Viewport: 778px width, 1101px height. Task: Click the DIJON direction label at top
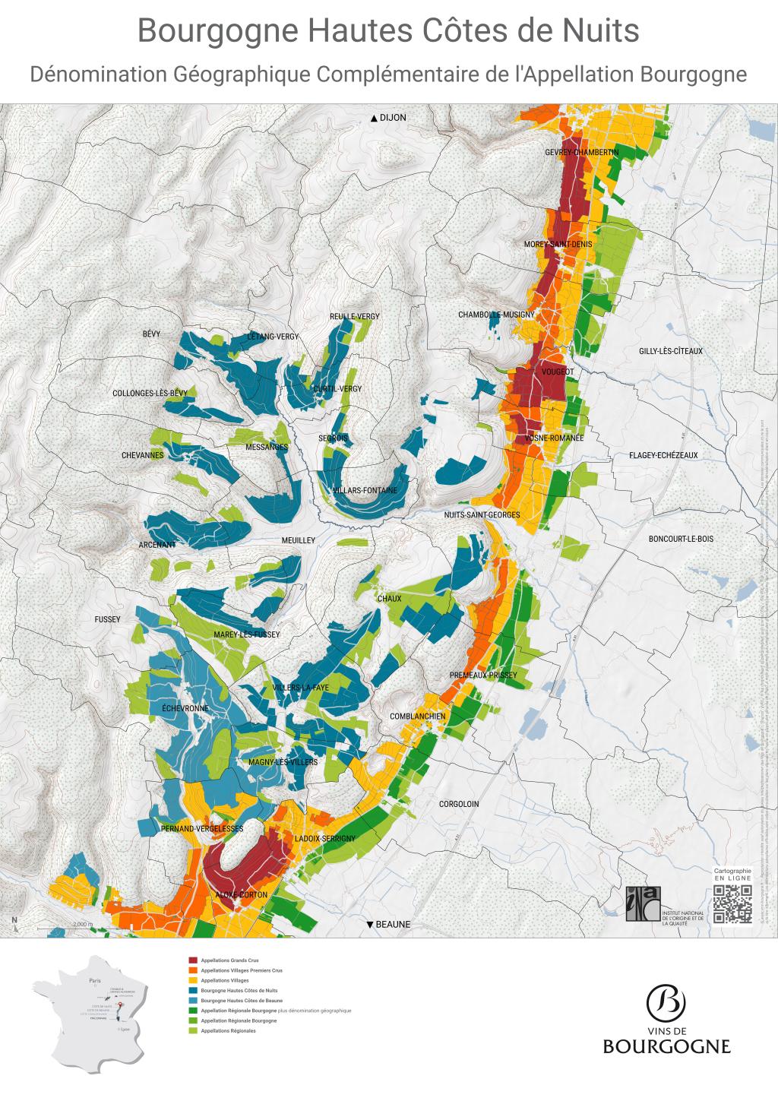(388, 118)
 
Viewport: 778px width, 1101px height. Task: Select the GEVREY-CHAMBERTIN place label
(581, 153)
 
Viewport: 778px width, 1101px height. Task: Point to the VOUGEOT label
(558, 372)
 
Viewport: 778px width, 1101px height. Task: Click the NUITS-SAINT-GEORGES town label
(482, 515)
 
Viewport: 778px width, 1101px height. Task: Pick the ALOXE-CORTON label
(242, 895)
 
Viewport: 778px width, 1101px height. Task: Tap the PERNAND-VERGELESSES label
(202, 827)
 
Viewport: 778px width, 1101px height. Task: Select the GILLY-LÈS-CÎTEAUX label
(671, 351)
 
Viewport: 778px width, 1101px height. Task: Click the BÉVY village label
(151, 334)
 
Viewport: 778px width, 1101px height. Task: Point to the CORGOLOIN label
(459, 803)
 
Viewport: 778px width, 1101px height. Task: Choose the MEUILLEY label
(298, 540)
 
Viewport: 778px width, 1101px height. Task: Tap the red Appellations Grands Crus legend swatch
(193, 960)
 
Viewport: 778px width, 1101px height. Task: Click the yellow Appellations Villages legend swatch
(193, 980)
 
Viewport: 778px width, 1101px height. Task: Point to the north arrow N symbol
(14, 922)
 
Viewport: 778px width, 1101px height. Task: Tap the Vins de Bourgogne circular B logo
(666, 1003)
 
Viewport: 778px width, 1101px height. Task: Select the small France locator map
(89, 1011)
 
